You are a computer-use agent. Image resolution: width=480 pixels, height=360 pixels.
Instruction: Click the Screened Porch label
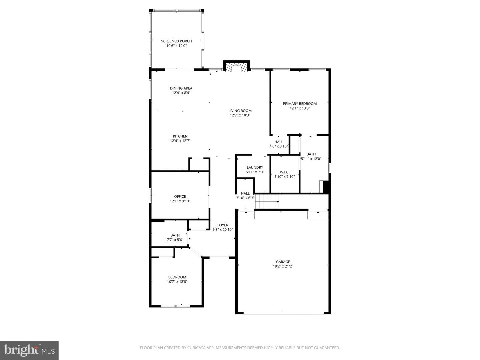(176, 41)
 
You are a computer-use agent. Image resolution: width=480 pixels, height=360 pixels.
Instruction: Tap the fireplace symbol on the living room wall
(236, 68)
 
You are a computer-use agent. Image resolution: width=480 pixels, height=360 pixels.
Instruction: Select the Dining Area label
(181, 88)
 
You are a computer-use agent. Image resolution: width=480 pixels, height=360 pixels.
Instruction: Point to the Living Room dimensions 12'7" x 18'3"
(240, 115)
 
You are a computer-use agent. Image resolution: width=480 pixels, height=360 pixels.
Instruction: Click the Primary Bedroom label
(300, 104)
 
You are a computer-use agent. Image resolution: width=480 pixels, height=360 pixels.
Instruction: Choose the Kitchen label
(180, 136)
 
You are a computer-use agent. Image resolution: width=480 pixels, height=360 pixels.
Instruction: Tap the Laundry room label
(255, 168)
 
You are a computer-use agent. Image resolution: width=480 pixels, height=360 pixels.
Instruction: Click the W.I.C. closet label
(284, 172)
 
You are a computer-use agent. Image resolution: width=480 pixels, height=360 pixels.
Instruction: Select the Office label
(180, 197)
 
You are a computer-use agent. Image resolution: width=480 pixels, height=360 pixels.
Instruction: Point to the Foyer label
(223, 225)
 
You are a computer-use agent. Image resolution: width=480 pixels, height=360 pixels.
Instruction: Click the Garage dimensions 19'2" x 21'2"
(283, 266)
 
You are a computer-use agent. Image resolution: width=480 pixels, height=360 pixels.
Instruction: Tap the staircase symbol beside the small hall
(267, 201)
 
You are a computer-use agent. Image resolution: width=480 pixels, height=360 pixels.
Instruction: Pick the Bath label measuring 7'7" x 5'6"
(175, 235)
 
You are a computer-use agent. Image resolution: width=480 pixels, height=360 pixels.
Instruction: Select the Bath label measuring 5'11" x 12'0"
(311, 154)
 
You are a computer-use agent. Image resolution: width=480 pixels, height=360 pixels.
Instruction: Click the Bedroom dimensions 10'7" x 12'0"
(177, 282)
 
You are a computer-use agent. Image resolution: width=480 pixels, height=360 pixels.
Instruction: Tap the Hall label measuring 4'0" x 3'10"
(279, 142)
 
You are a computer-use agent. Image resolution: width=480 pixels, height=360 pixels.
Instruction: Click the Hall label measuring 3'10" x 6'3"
(245, 193)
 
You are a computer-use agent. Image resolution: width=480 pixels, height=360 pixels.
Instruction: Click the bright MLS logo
(29, 350)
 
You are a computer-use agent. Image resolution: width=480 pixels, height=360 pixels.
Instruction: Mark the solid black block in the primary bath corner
(327, 187)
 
